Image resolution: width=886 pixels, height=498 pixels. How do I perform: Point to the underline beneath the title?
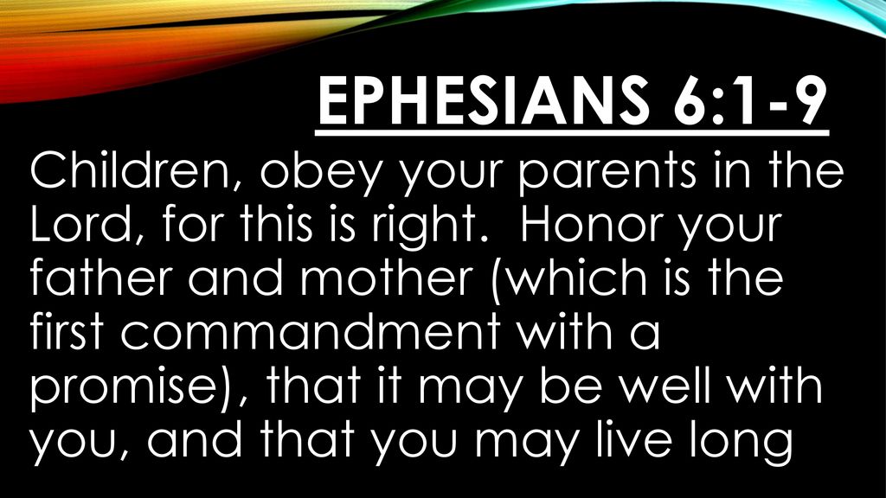coord(572,133)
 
